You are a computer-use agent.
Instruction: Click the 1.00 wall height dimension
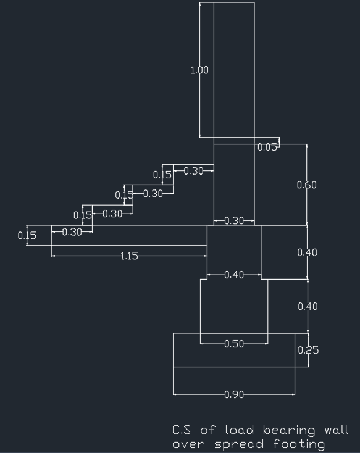pyautogui.click(x=199, y=70)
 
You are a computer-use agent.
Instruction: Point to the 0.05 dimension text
pyautogui.click(x=267, y=148)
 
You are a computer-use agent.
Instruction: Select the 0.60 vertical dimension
pyautogui.click(x=306, y=185)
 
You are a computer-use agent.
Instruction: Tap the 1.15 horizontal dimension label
pyautogui.click(x=129, y=256)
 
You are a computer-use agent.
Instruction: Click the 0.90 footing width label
pyautogui.click(x=234, y=394)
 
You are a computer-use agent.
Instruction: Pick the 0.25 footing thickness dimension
pyautogui.click(x=308, y=351)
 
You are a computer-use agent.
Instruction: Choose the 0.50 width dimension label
pyautogui.click(x=234, y=344)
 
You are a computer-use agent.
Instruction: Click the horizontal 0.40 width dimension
pyautogui.click(x=234, y=275)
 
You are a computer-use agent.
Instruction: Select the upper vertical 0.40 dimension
pyautogui.click(x=307, y=252)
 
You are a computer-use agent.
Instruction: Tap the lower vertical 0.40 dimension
pyautogui.click(x=308, y=306)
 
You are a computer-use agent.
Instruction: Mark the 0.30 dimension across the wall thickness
pyautogui.click(x=234, y=221)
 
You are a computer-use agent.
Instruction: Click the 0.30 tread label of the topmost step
pyautogui.click(x=193, y=172)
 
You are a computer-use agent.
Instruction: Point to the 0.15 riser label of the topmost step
pyautogui.click(x=162, y=175)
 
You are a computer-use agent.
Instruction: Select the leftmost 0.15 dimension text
pyautogui.click(x=27, y=236)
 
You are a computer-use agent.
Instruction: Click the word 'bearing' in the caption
pyautogui.click(x=289, y=431)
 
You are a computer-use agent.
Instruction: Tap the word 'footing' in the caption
pyautogui.click(x=299, y=444)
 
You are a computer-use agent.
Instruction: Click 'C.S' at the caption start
pyautogui.click(x=182, y=430)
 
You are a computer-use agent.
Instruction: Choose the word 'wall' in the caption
pyautogui.click(x=337, y=430)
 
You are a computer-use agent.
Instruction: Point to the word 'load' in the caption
pyautogui.click(x=240, y=430)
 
